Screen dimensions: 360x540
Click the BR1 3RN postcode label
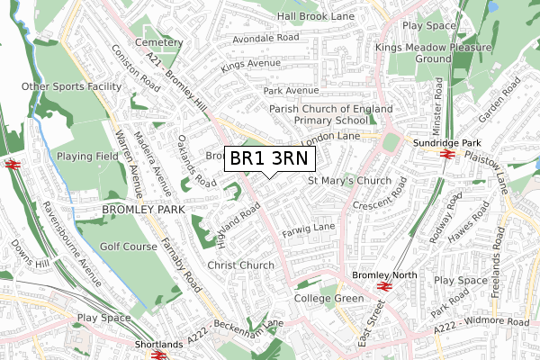(269, 158)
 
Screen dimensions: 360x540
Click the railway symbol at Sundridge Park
(445, 154)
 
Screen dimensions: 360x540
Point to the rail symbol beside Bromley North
(382, 285)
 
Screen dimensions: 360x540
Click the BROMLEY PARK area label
(143, 209)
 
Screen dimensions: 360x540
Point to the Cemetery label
(157, 42)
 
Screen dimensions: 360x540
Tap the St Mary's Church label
(349, 181)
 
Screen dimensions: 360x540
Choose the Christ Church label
(240, 265)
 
